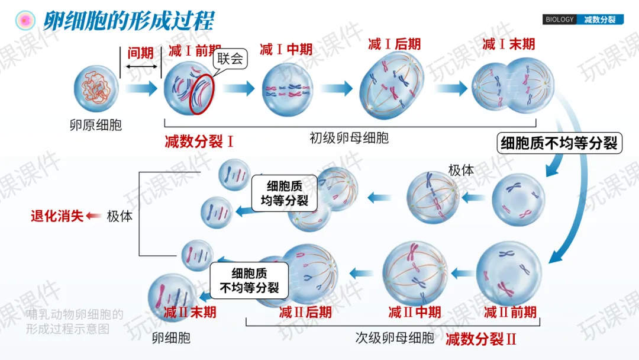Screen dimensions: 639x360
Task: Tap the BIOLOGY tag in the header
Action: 559,20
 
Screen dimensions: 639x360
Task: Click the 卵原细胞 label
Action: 95,125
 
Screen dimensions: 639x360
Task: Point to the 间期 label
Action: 140,53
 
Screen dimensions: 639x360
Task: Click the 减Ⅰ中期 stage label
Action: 286,49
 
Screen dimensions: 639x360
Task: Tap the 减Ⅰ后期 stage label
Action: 394,44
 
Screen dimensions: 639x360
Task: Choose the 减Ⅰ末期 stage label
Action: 508,44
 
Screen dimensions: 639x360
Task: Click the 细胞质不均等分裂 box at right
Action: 559,143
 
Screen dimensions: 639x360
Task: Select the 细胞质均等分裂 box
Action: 284,192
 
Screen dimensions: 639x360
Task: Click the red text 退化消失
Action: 57,216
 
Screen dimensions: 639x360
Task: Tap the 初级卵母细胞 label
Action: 349,138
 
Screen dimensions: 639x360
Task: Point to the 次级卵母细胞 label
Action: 395,338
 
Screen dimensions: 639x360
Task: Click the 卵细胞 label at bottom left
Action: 171,338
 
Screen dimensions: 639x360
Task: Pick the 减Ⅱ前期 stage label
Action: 510,311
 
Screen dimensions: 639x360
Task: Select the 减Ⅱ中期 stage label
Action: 414,311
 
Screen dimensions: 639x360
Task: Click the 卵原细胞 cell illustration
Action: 96,89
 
